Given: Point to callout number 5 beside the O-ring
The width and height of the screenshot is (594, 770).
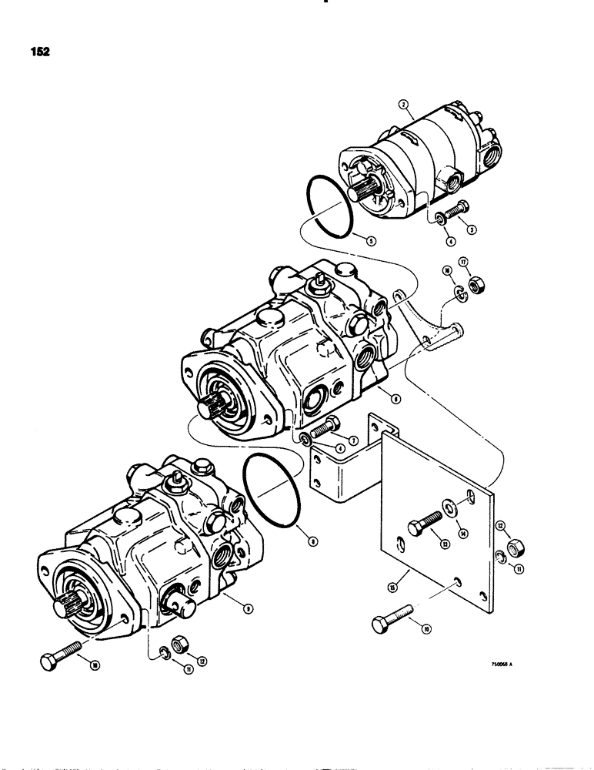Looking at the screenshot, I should click(371, 240).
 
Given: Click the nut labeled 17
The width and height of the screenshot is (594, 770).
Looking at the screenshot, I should click(476, 286).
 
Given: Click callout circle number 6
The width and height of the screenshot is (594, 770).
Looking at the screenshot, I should click(395, 399).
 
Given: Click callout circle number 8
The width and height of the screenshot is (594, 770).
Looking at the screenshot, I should click(312, 541).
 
